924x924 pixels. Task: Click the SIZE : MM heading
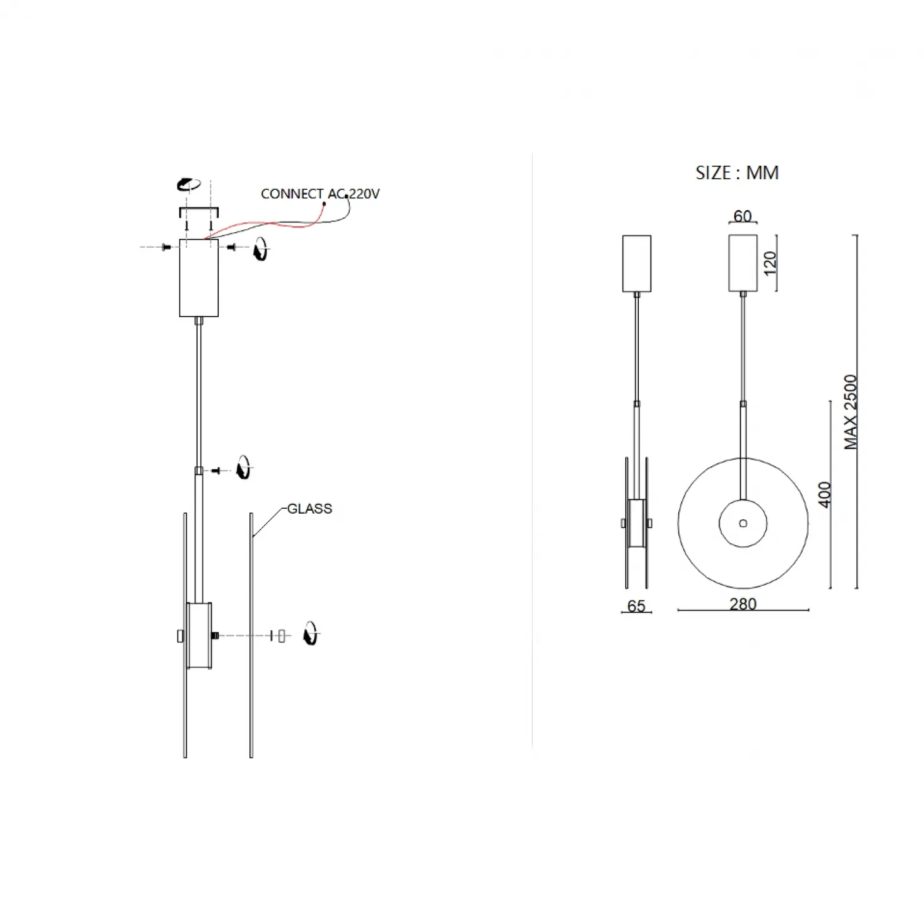[x=737, y=173]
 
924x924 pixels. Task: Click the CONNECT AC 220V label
[x=320, y=194]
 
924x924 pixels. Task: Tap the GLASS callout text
[x=310, y=509]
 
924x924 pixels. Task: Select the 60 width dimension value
[x=742, y=216]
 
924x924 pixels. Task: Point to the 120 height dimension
[x=770, y=264]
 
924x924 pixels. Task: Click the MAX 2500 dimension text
[x=851, y=412]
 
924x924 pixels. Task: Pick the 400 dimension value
[x=825, y=495]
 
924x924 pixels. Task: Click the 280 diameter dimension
[x=743, y=604]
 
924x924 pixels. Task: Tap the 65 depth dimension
[x=636, y=606]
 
